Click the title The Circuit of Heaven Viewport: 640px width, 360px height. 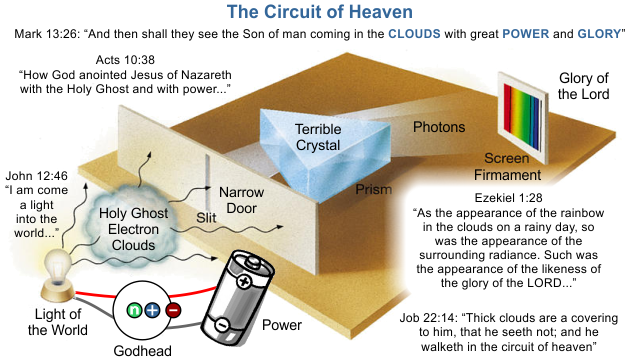click(x=319, y=12)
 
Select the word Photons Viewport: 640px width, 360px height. click(x=439, y=128)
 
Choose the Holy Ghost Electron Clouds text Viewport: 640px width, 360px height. click(x=131, y=229)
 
